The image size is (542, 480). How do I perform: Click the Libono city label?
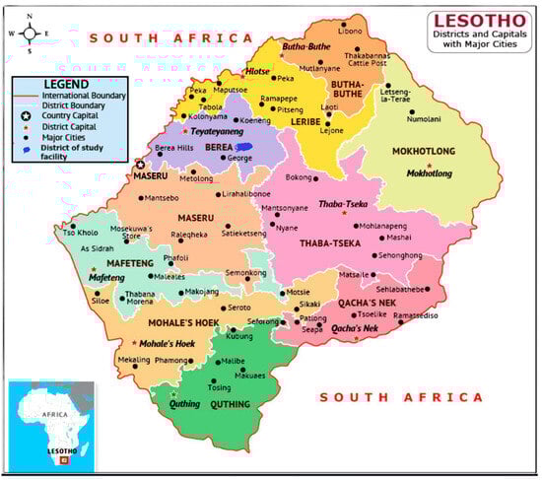point(352,33)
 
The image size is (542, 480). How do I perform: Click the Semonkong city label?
point(245,272)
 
